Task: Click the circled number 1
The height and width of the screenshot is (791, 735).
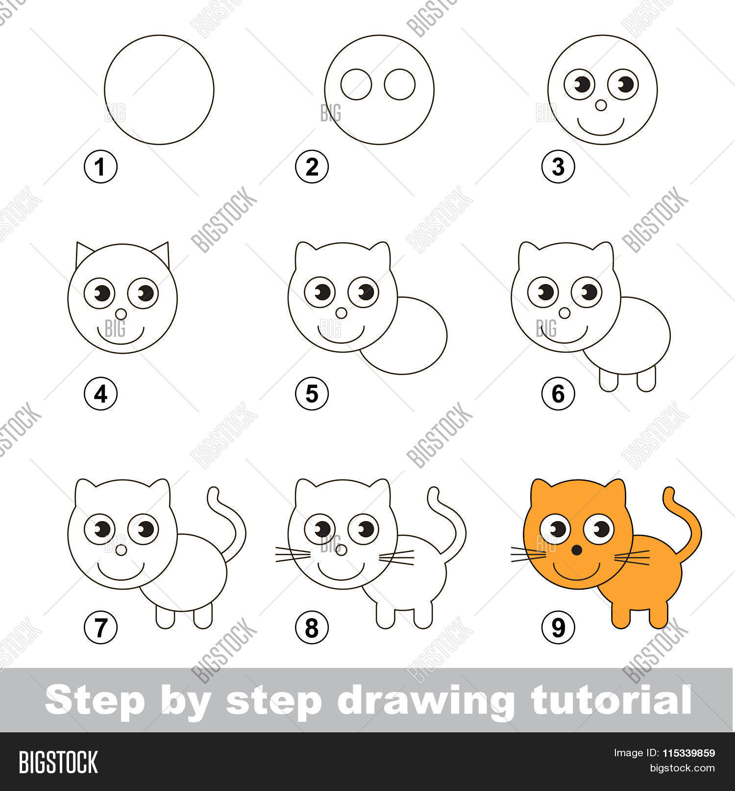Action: [x=100, y=168]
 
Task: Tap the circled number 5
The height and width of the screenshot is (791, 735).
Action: [x=312, y=393]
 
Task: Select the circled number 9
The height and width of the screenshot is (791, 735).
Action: [x=558, y=627]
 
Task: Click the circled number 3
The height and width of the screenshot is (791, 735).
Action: [x=558, y=168]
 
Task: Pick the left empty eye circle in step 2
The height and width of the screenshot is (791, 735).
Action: [x=356, y=84]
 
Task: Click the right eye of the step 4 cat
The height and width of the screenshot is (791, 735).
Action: [x=143, y=293]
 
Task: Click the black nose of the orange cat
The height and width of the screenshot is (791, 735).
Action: [x=578, y=550]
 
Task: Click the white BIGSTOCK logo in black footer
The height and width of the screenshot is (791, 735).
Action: [x=58, y=762]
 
